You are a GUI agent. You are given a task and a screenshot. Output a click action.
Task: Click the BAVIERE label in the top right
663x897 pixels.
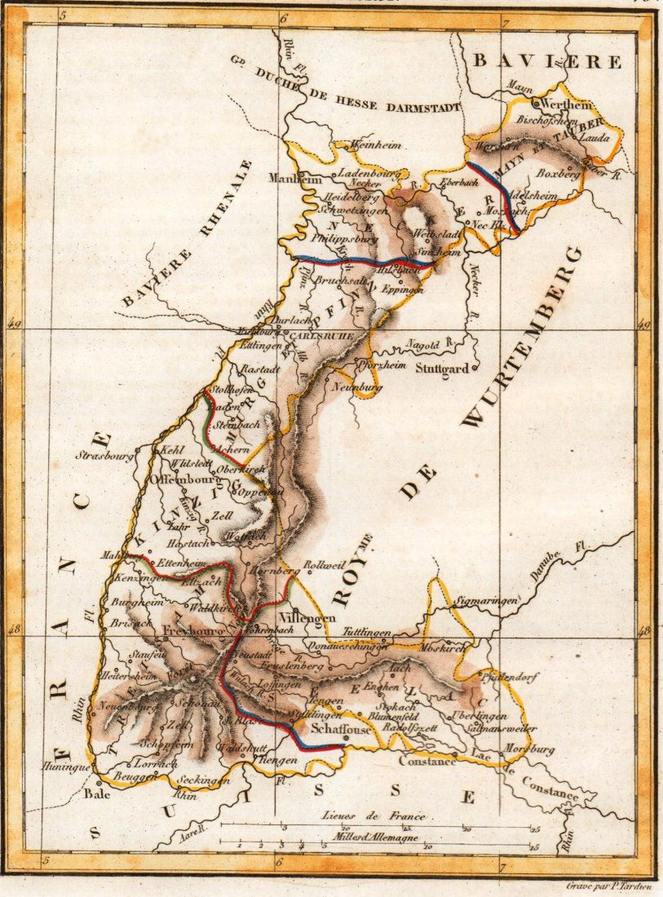coord(548,61)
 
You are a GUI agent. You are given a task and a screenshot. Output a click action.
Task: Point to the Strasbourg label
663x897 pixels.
coord(104,457)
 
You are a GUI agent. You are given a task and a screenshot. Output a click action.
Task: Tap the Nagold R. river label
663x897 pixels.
coord(430,344)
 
